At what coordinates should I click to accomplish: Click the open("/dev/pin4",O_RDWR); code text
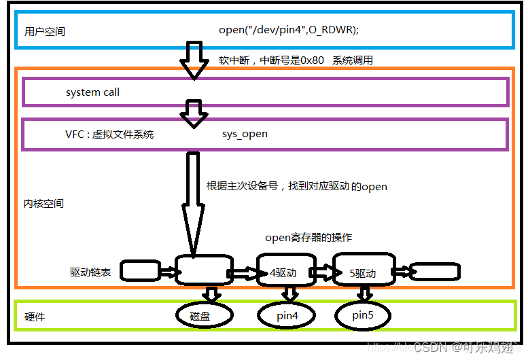point(289,30)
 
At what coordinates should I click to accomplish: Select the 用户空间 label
point(45,31)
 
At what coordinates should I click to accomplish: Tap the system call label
point(92,92)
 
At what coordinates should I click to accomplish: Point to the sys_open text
point(245,134)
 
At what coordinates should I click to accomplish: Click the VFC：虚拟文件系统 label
point(109,134)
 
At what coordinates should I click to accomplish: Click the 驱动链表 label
point(91,272)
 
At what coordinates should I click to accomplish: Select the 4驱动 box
point(285,272)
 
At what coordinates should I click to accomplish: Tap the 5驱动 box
point(363,272)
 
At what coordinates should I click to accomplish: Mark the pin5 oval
point(364,316)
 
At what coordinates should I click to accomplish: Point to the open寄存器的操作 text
point(309,238)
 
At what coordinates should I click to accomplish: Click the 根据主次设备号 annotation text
point(296,186)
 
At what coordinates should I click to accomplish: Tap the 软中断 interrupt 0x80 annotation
point(296,60)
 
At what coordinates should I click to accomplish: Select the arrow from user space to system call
point(195,60)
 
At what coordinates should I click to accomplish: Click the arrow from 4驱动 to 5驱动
point(323,272)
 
